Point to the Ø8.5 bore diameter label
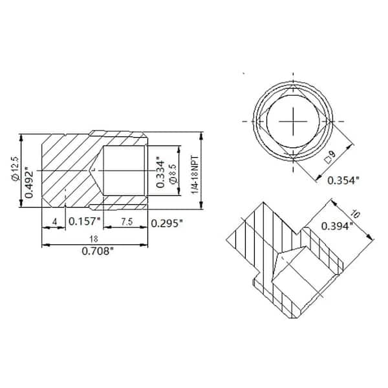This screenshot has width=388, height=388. click(172, 173)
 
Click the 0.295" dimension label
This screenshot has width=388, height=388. click(166, 223)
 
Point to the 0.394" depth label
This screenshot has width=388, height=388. click(337, 226)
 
